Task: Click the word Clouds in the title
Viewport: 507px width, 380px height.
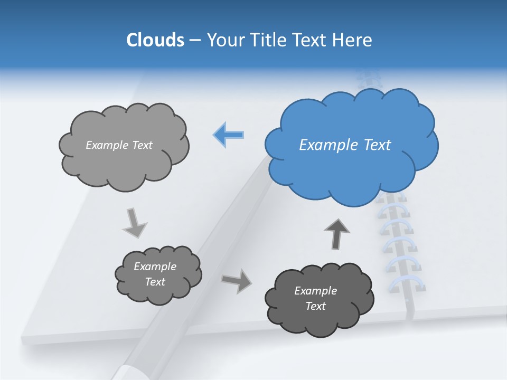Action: click(x=155, y=40)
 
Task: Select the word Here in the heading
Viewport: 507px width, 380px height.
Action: click(x=353, y=40)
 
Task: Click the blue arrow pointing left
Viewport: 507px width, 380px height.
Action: click(x=229, y=135)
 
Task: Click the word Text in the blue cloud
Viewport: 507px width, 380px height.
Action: click(x=378, y=145)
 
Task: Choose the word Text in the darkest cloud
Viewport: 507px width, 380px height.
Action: click(x=315, y=306)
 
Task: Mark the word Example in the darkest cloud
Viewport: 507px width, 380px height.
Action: click(x=315, y=291)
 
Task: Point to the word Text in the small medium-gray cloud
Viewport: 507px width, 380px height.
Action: click(x=155, y=282)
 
